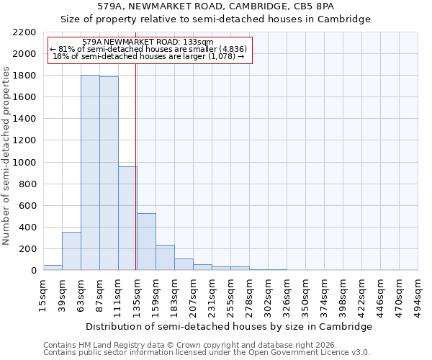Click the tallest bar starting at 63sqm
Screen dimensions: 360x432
[90, 173]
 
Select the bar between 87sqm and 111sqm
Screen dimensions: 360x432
[109, 174]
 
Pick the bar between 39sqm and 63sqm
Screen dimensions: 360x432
[71, 251]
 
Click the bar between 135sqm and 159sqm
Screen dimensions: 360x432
[146, 242]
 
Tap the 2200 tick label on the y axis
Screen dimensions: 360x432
[24, 32]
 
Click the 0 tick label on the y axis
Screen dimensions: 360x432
[33, 271]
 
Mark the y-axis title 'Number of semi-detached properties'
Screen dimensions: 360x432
[7, 156]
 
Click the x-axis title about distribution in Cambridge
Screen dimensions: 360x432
[228, 326]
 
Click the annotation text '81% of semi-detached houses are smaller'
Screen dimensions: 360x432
[150, 49]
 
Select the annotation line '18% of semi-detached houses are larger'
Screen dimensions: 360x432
[150, 56]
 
